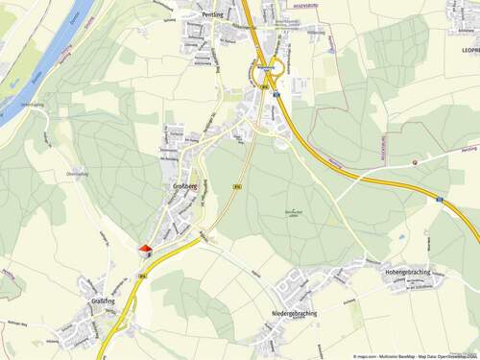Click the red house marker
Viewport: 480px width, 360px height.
tap(145, 250)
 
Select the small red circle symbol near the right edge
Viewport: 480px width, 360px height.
tap(415, 162)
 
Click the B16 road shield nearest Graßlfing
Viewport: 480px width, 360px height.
tap(141, 276)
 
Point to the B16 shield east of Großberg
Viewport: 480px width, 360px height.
tap(236, 185)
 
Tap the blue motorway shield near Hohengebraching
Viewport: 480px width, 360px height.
tap(439, 201)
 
